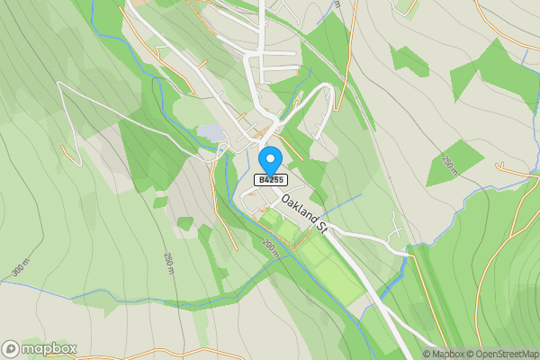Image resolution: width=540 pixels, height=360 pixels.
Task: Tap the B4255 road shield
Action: pyautogui.click(x=270, y=180)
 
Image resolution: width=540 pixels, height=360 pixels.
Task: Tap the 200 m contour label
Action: pyautogui.click(x=270, y=245)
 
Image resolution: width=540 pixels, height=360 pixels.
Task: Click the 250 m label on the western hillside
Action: pyautogui.click(x=168, y=262)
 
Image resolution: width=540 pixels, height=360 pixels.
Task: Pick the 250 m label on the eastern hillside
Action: pyautogui.click(x=450, y=165)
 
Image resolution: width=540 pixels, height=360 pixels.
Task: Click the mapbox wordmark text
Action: pyautogui.click(x=49, y=348)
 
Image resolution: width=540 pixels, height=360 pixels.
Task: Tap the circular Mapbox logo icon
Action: pyautogui.click(x=11, y=348)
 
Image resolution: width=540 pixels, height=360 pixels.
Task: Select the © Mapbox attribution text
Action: pyautogui.click(x=445, y=354)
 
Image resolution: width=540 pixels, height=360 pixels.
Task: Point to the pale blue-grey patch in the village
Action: pyautogui.click(x=211, y=132)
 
